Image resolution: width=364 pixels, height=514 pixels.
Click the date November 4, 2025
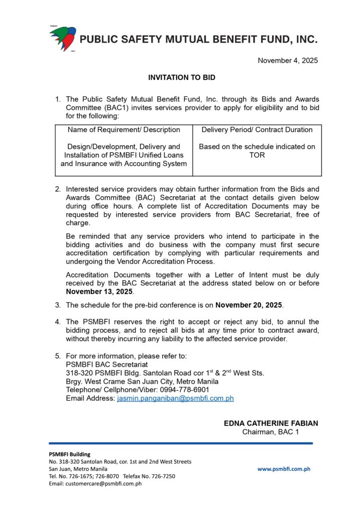(288, 61)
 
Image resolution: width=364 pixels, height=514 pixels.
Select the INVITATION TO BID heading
(182, 78)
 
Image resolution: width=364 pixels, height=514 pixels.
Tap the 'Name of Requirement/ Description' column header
(124, 130)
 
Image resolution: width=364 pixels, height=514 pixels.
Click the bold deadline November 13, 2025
(99, 292)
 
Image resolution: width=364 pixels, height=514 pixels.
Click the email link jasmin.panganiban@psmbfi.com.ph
(175, 398)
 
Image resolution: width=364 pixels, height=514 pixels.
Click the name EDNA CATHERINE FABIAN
(271, 423)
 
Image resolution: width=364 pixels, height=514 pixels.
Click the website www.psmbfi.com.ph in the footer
(284, 469)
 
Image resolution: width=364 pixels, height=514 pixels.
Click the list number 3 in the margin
(58, 305)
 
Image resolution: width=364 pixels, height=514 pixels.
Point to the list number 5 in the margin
(58, 356)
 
